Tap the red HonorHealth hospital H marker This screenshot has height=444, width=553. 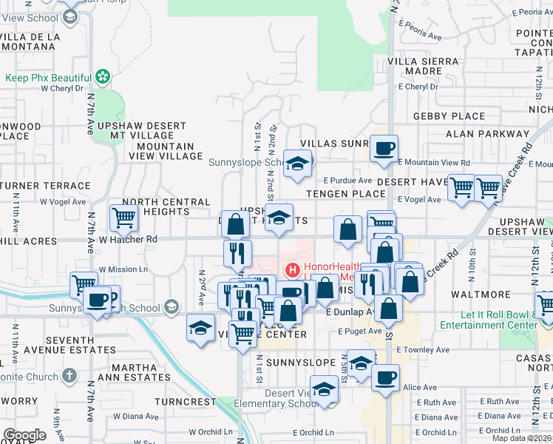click(x=292, y=270)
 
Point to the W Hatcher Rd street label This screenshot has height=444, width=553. click(x=129, y=239)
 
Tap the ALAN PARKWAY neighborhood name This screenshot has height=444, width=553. click(x=487, y=134)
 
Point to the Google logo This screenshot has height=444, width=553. click(x=24, y=435)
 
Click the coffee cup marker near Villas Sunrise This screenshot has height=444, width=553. click(x=384, y=148)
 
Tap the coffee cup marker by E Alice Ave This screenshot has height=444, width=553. click(x=384, y=378)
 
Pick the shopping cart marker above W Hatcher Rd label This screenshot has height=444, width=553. click(x=123, y=218)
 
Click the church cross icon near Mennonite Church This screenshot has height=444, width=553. click(x=69, y=374)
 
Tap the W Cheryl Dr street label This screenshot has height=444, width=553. click(x=65, y=88)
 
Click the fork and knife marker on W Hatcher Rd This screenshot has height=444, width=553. click(x=237, y=253)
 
